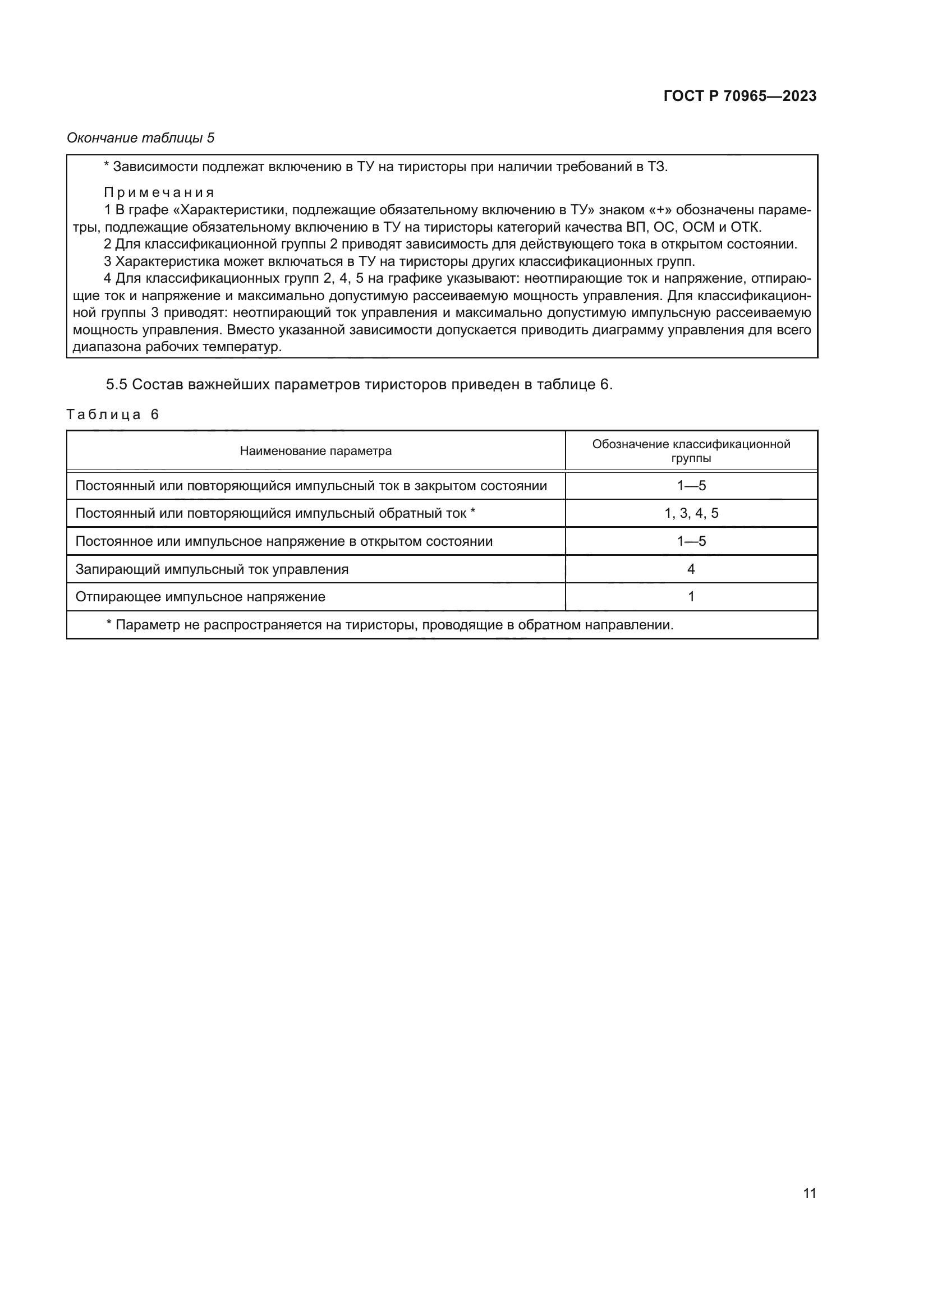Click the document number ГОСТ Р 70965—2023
point(739,96)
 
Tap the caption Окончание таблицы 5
point(141,138)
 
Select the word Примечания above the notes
point(159,192)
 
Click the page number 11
point(809,1193)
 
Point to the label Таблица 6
point(113,415)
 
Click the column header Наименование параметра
point(315,451)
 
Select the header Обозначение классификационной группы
point(691,451)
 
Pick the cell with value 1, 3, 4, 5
point(691,513)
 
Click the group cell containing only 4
point(691,569)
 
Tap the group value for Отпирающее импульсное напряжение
point(691,597)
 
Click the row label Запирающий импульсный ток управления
point(212,569)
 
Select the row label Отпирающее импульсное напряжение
point(200,597)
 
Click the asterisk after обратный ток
point(472,512)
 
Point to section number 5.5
point(116,385)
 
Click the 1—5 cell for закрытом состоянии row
point(691,486)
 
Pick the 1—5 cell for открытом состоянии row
point(691,541)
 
